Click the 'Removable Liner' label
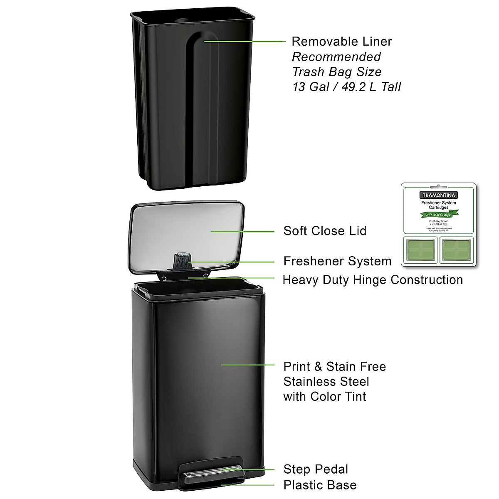coord(341,42)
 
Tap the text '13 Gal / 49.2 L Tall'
coord(346,86)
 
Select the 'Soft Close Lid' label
coord(325,231)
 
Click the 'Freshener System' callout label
coord(337,261)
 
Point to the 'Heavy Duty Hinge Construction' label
coord(373,280)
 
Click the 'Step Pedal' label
coord(316,469)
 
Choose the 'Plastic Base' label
coord(320,485)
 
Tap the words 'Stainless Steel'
coord(326,382)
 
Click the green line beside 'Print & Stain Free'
coord(248,365)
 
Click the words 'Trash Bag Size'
coord(336,72)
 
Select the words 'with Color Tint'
coord(324,396)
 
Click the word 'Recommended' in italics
coord(336,57)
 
